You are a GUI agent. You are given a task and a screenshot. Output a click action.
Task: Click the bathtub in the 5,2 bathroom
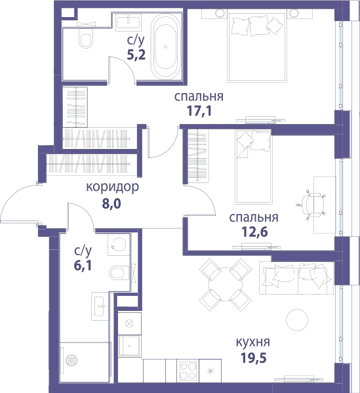click(165, 47)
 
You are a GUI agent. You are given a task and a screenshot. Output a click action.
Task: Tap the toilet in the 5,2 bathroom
click(85, 38)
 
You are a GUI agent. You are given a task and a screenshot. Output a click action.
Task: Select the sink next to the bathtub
click(129, 22)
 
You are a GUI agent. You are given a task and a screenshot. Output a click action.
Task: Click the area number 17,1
click(199, 111)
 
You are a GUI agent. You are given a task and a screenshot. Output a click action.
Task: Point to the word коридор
click(112, 187)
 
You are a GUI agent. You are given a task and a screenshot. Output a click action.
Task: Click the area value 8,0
click(111, 204)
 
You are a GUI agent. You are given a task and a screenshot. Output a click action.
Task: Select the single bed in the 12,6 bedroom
click(254, 167)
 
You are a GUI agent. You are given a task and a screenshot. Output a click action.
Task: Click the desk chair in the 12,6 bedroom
click(311, 205)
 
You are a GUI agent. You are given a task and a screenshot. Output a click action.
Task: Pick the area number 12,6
click(254, 232)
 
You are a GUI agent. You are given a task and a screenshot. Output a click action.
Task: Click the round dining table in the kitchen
click(226, 285)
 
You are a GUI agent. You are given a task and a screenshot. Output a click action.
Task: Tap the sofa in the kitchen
click(296, 278)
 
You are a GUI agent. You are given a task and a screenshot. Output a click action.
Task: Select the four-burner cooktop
click(188, 371)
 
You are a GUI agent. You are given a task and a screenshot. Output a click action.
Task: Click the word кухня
click(253, 342)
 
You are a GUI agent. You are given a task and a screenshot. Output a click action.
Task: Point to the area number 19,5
click(254, 358)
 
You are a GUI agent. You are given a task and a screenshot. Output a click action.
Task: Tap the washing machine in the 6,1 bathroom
click(119, 245)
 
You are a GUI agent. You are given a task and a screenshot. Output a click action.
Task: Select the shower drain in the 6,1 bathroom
click(71, 360)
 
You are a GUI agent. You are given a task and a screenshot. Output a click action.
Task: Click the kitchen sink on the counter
click(129, 346)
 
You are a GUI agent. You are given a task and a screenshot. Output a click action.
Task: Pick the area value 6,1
click(83, 266)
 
